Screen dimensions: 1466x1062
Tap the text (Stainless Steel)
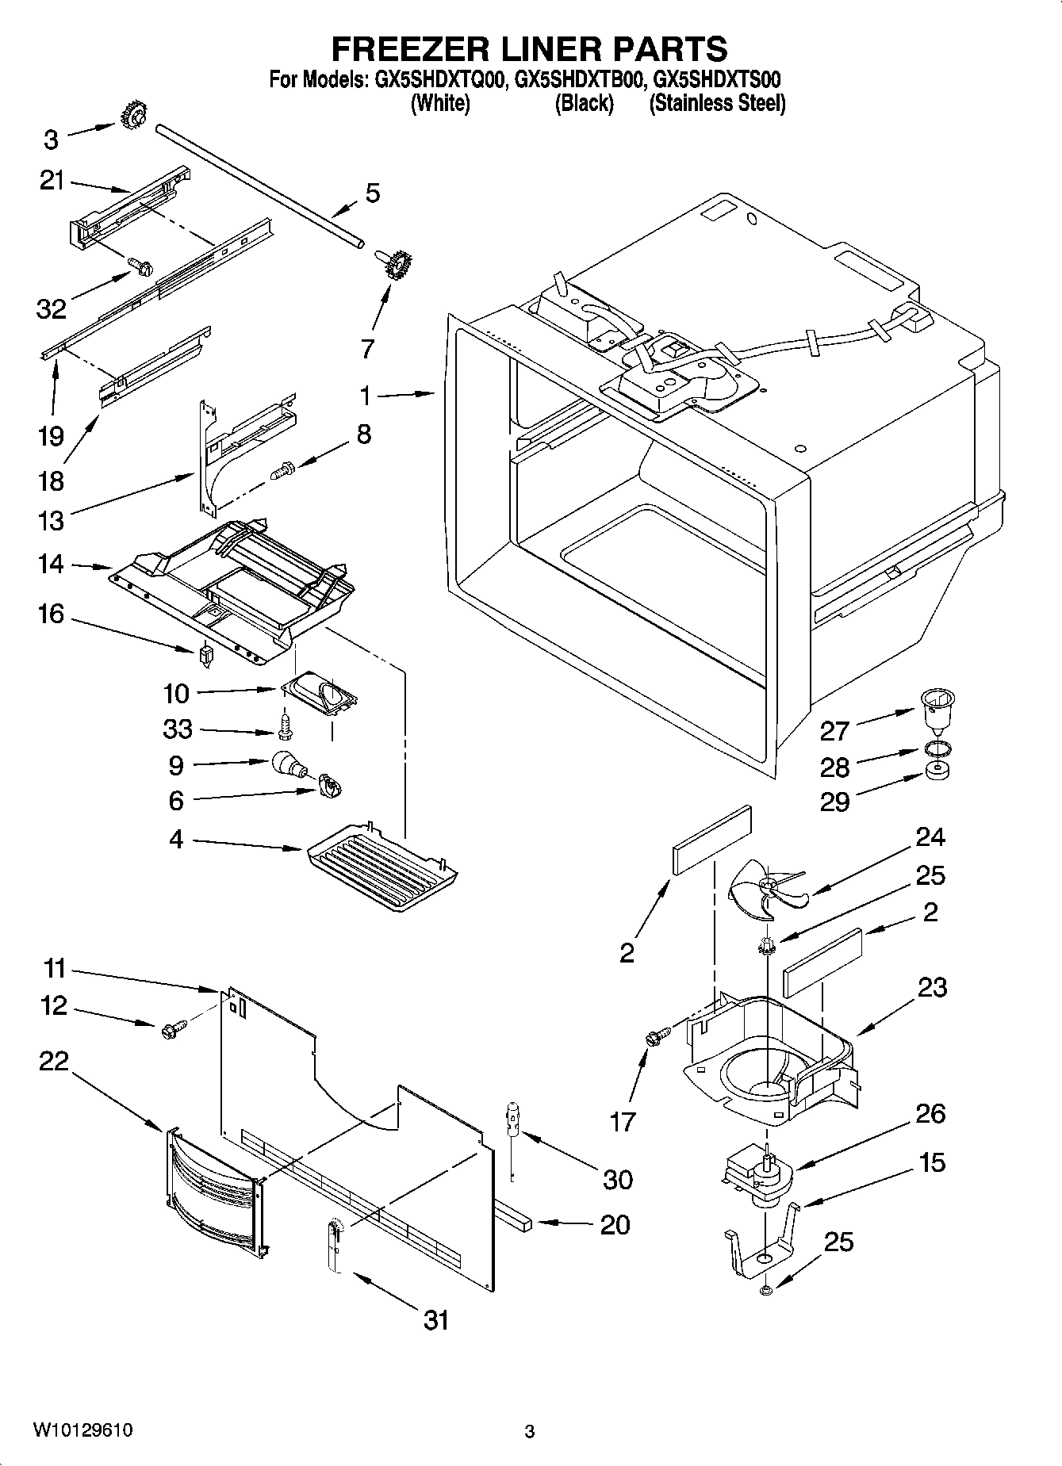point(717,103)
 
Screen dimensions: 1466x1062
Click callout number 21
point(52,182)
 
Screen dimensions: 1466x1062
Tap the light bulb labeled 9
point(286,764)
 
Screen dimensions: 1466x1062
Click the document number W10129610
point(82,1431)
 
